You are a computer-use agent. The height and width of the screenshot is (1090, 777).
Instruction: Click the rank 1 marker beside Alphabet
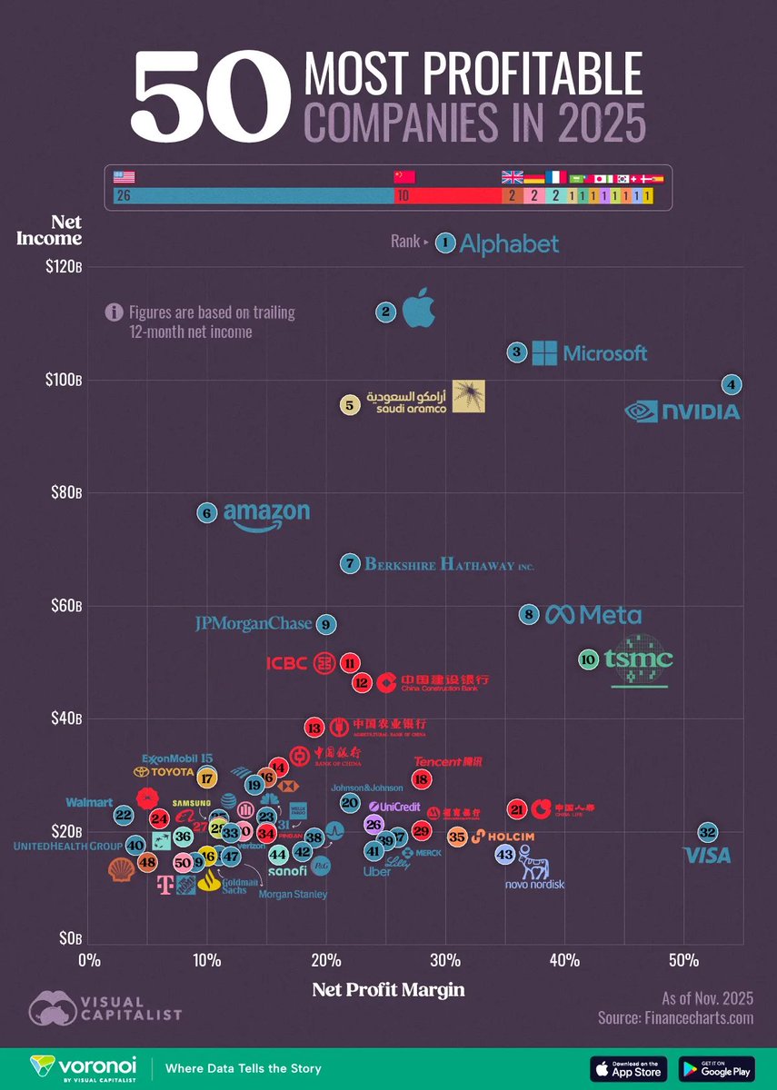444,242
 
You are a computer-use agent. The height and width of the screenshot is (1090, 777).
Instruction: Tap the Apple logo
419,309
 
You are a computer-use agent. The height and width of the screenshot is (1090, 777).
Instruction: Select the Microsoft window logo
543,353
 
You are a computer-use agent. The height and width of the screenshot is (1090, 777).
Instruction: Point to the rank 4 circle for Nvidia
731,384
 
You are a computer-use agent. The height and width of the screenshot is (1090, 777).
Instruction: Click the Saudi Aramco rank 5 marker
350,406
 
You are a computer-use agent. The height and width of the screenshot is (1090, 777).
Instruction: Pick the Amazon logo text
265,515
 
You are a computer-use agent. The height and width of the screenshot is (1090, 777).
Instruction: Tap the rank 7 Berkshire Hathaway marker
350,563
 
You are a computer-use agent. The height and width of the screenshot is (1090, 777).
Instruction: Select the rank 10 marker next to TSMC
588,660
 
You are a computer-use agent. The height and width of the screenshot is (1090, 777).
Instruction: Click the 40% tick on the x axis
564,960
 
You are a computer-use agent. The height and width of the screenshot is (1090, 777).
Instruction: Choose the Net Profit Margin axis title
388,990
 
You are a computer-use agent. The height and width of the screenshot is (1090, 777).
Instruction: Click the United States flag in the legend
124,177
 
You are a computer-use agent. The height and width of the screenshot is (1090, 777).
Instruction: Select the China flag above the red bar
403,177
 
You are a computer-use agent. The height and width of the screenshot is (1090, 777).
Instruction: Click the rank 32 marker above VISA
708,831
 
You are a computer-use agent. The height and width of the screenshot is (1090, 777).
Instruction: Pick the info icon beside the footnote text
114,312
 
